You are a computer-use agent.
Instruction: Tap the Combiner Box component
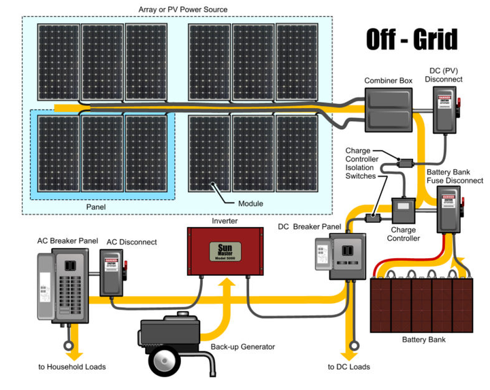coord(388,112)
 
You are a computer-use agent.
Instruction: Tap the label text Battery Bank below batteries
coord(423,339)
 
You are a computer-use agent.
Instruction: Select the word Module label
coord(250,204)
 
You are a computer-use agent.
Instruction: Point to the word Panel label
coord(96,206)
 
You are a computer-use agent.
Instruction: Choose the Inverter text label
coord(225,221)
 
